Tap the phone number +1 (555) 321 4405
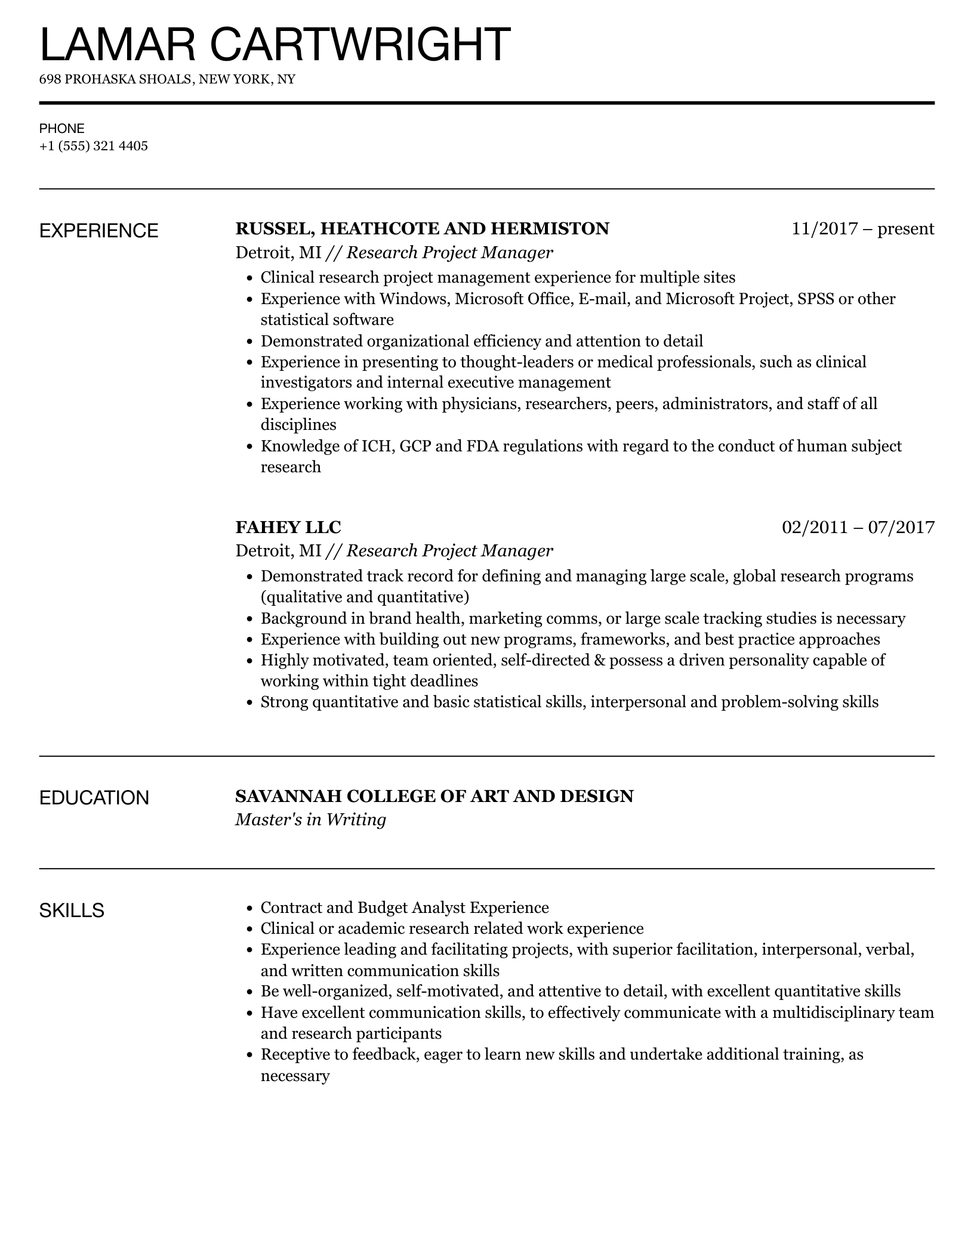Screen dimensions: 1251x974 [94, 146]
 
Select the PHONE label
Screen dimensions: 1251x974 [62, 129]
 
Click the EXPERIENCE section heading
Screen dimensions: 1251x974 [99, 231]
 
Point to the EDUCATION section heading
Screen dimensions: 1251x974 [94, 798]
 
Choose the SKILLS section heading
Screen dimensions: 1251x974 [72, 911]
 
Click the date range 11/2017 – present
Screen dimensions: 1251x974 [862, 229]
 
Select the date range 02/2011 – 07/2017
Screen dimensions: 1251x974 [858, 527]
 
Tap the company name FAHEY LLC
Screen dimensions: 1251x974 [288, 527]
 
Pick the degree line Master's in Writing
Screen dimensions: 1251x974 [310, 820]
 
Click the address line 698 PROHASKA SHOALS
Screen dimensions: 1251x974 [167, 79]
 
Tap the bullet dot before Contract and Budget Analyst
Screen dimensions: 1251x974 [249, 909]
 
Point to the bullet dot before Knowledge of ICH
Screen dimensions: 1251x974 [249, 447]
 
